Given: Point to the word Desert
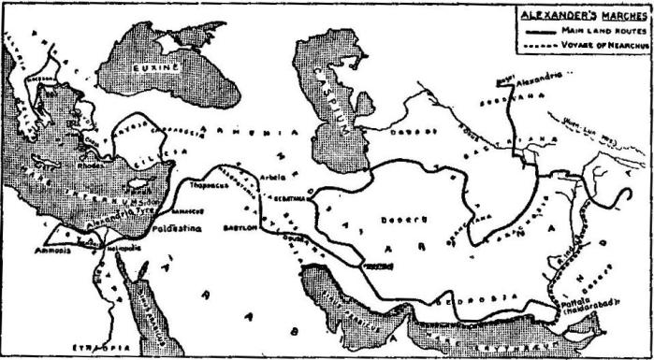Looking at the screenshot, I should (x=396, y=219).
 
